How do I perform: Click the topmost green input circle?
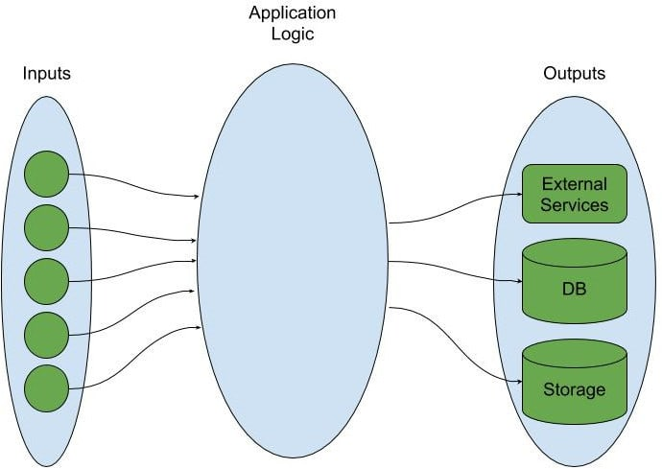(x=46, y=176)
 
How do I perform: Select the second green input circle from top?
(x=46, y=228)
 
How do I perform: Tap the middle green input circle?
(x=46, y=281)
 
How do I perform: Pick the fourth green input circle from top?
(x=46, y=334)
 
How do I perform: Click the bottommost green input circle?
(x=46, y=387)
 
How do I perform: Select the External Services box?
(x=574, y=194)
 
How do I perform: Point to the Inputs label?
(x=47, y=74)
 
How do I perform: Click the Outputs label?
(x=574, y=74)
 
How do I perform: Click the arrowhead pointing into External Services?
(x=517, y=196)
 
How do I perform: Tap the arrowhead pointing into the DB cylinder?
(x=517, y=282)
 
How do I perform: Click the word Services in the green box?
(x=574, y=204)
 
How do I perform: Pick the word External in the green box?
(x=574, y=183)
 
